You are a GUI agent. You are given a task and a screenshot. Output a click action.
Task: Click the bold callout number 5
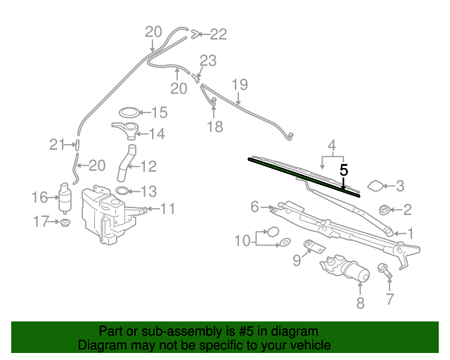tap(344, 170)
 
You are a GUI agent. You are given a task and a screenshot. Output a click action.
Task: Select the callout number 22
tap(218, 33)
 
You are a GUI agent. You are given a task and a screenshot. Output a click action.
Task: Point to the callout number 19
tap(240, 84)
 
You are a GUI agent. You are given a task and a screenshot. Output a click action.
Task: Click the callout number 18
tap(214, 127)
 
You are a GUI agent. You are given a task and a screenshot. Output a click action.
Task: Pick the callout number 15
tap(159, 112)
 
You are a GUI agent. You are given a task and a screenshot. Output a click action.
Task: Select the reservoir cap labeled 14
tap(125, 129)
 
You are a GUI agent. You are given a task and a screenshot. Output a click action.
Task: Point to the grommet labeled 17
tap(65, 223)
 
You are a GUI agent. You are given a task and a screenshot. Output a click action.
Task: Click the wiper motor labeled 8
tap(345, 270)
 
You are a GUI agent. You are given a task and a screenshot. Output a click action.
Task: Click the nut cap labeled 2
tap(385, 209)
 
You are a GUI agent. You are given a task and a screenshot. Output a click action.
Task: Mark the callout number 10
tap(242, 240)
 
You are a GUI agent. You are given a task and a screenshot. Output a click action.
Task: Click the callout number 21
tap(57, 145)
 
